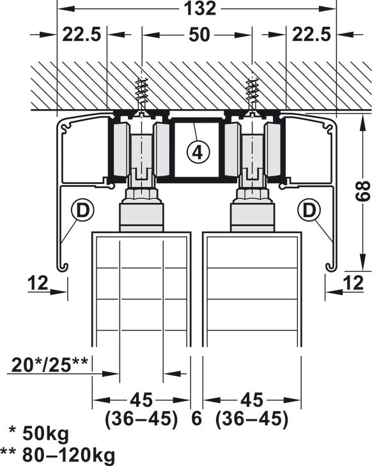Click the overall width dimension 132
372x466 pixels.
coord(199,8)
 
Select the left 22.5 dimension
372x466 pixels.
coord(82,35)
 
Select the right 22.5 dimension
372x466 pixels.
coord(311,35)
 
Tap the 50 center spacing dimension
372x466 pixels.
coord(199,35)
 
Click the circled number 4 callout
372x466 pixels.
coord(198,152)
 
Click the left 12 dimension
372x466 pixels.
coord(38,282)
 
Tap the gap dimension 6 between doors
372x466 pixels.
coord(196,419)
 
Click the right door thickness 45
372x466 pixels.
coord(252,400)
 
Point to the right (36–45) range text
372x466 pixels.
coord(252,419)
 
